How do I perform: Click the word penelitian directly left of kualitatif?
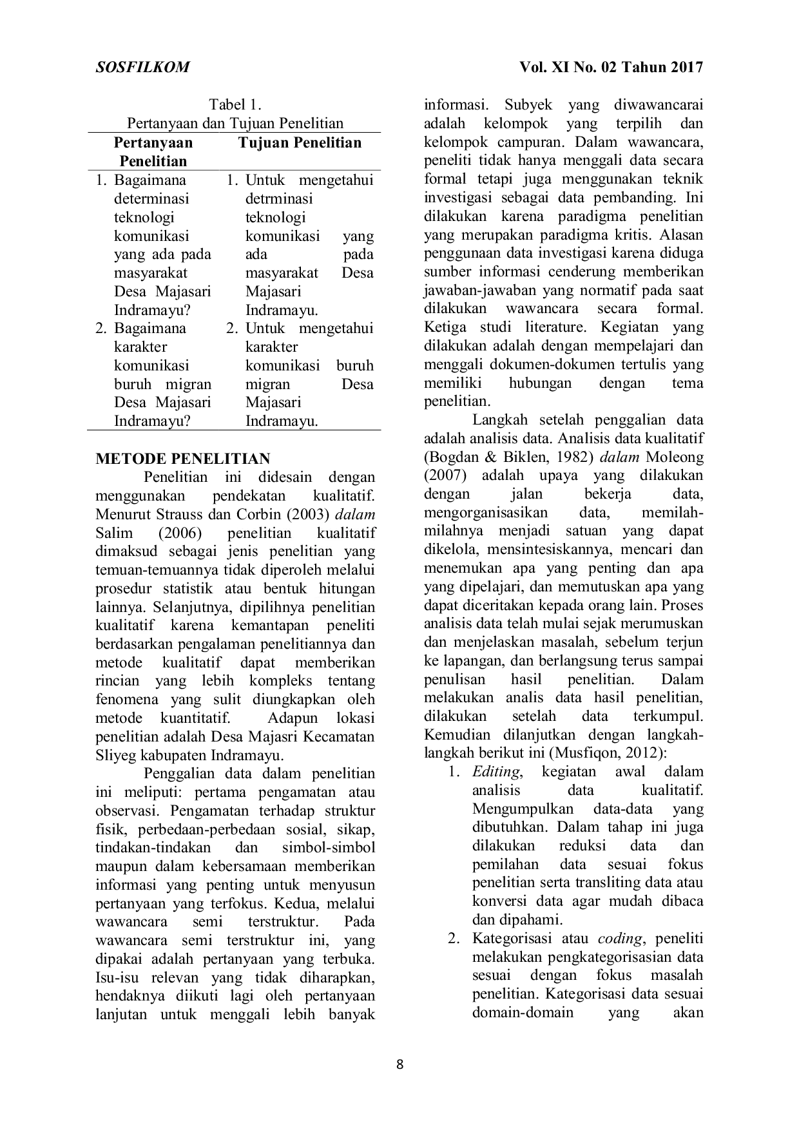point(259,533)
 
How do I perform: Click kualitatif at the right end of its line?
point(346,533)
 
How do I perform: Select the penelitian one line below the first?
point(301,552)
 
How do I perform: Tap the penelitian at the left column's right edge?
point(343,608)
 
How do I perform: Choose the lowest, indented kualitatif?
point(191,662)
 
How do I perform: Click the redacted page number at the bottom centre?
point(400,1064)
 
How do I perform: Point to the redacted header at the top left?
point(144,66)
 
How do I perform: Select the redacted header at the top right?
point(610,66)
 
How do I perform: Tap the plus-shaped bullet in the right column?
point(454,941)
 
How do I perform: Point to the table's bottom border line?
point(232,429)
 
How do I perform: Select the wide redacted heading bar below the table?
point(182,455)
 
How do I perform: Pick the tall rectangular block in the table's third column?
point(358,254)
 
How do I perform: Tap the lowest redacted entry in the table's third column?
point(358,385)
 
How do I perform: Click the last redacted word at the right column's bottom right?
point(688,1015)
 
